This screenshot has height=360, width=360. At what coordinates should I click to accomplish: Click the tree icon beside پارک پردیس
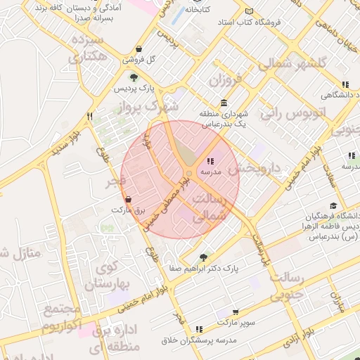[134, 78]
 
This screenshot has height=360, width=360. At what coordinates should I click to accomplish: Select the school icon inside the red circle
[211, 161]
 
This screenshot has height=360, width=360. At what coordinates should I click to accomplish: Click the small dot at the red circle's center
[188, 174]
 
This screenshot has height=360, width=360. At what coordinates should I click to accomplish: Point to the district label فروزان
[224, 80]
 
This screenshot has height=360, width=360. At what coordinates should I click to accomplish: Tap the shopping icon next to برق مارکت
[127, 199]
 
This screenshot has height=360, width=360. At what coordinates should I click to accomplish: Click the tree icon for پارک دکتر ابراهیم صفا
[203, 257]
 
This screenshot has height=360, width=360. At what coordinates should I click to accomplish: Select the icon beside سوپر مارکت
[235, 311]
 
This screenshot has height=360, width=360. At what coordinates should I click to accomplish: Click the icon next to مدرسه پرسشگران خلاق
[200, 329]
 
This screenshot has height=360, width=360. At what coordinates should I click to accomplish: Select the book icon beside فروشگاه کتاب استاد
[250, 11]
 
